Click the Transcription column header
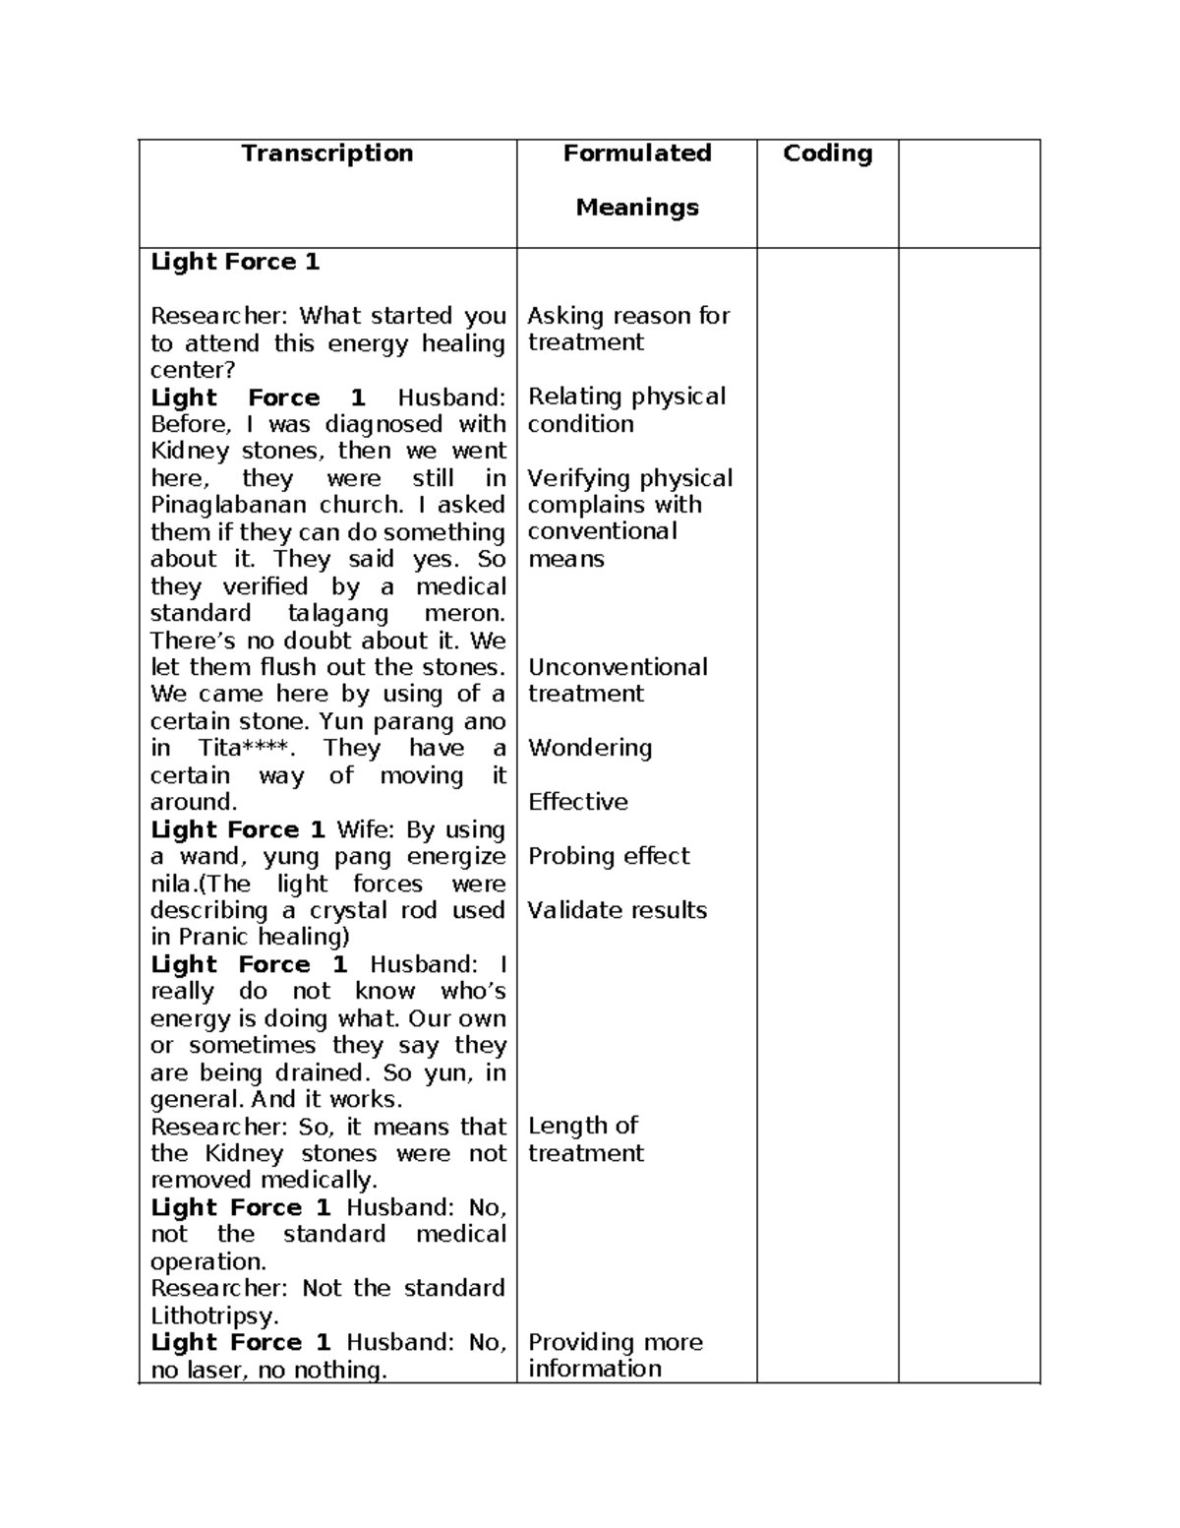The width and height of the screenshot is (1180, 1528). (327, 153)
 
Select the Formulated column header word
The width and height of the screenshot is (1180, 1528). (636, 153)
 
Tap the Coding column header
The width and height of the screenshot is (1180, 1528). (827, 153)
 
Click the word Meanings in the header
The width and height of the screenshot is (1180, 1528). (636, 208)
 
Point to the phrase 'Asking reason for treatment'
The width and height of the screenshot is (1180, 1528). (627, 329)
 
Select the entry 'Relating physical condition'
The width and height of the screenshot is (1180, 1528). (625, 410)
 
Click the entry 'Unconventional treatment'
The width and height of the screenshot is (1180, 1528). (617, 680)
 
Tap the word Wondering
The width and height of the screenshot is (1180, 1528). (589, 748)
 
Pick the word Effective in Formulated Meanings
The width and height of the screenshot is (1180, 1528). (577, 802)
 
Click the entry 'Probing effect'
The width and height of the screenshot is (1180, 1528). (609, 856)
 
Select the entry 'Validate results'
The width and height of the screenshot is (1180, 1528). (617, 910)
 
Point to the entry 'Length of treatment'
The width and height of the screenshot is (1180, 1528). (585, 1139)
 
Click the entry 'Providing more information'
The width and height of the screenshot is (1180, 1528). (615, 1356)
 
